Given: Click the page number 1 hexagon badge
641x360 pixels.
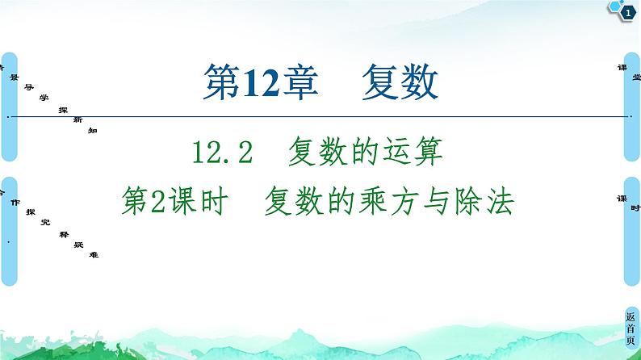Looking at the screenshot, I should point(626,10).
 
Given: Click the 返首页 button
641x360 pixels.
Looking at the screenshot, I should point(631,329).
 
